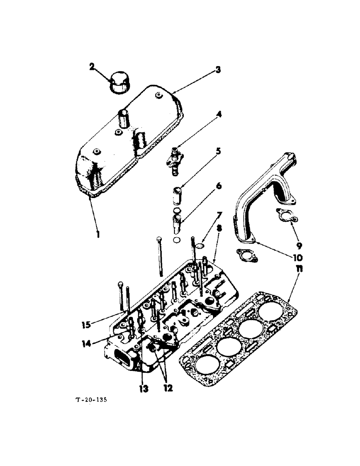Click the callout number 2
pyautogui.click(x=92, y=66)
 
